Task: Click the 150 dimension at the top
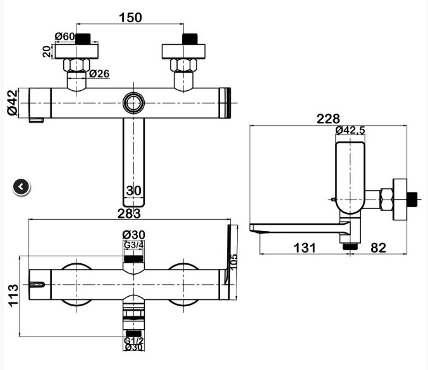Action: pos(130,18)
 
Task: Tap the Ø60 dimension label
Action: pos(64,36)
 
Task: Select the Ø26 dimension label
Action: pos(99,73)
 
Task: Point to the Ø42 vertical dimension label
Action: pos(12,103)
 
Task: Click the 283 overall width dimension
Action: pos(129,213)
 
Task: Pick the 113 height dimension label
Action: pos(13,295)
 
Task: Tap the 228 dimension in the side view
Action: pos(328,119)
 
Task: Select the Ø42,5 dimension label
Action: pos(350,130)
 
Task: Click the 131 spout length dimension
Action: pos(304,248)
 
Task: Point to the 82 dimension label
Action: pos(378,248)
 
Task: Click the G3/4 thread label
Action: pos(133,245)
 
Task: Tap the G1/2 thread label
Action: pos(133,340)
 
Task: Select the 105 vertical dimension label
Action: pos(234,262)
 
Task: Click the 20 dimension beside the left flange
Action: pos(47,51)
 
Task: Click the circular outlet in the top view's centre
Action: pos(133,103)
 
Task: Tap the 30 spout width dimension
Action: pos(134,190)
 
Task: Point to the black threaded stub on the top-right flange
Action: pos(190,39)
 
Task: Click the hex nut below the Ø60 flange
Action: pos(76,65)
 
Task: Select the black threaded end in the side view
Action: pos(412,200)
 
